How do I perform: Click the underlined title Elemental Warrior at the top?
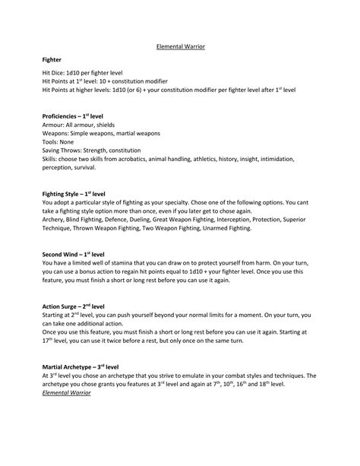point(180,46)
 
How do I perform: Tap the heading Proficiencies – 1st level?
point(75,116)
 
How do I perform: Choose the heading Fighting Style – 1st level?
point(77,194)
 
